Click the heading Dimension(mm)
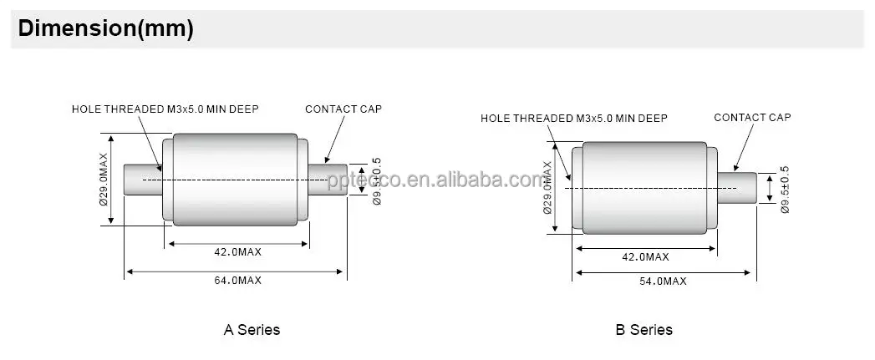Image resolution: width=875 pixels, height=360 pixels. pos(105,28)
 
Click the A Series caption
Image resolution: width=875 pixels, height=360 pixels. pos(252,329)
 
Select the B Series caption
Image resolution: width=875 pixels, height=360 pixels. pos(644,329)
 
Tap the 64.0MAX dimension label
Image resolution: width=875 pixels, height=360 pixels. pos(237,281)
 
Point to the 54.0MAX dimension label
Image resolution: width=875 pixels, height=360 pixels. pos(663,281)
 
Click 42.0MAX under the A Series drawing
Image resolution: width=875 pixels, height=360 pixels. pos(237,251)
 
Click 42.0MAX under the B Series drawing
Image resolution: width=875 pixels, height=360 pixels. pos(645,257)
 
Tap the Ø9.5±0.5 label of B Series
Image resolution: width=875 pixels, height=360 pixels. pos(785,190)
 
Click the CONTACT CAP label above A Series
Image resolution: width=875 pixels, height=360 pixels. pos(343,109)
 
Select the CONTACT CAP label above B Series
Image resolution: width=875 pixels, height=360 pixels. pos(752,118)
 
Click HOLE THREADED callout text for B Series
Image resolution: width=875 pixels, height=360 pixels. pos(574,119)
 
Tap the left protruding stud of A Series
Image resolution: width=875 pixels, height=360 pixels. pos(142,180)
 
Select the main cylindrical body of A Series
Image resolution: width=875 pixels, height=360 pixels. pos(235,179)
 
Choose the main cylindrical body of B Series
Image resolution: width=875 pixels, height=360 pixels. pos(644,187)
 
